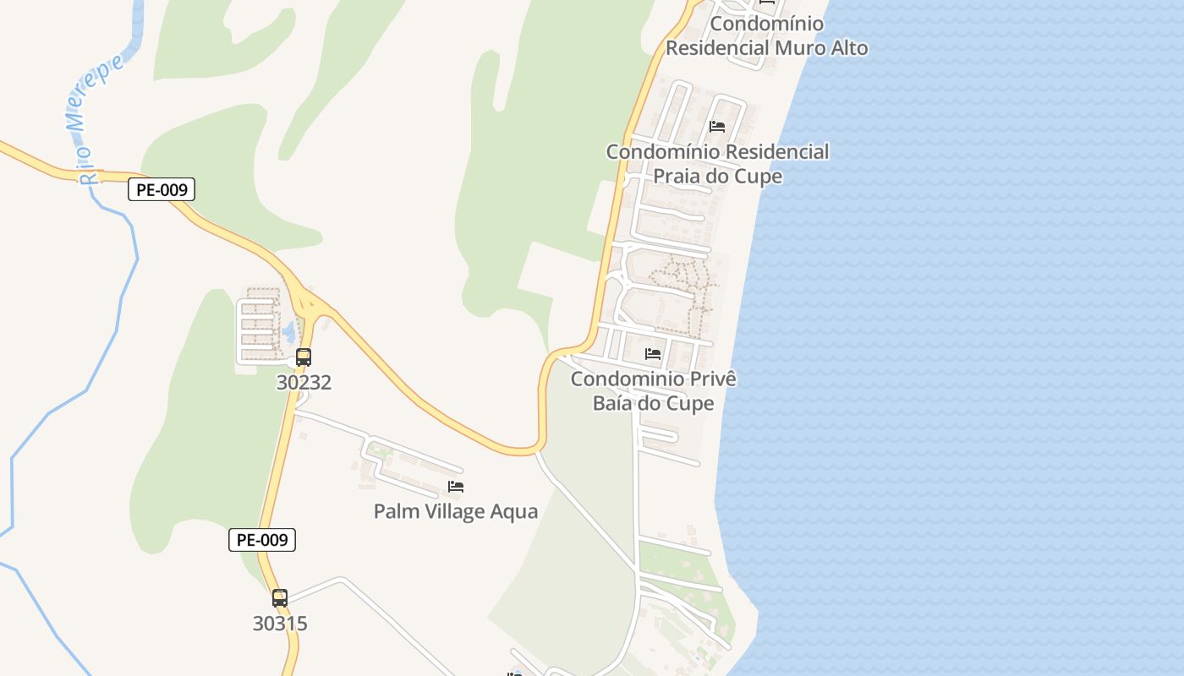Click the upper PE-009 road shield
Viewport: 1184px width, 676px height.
tap(162, 190)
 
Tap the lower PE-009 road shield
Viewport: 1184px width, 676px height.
tap(262, 540)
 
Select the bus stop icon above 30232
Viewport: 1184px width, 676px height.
tap(304, 357)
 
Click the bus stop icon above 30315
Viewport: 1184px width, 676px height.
tap(280, 598)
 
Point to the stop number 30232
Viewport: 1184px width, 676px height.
tap(304, 383)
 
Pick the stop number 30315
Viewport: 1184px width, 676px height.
tap(280, 624)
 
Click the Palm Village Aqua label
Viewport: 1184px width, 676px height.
tap(456, 511)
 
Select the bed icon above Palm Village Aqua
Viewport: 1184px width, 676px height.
tap(456, 487)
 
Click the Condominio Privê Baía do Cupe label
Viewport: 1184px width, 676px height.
tap(654, 390)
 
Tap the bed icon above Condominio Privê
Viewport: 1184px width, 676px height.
tap(653, 353)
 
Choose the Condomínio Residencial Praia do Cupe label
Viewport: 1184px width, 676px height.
tap(717, 164)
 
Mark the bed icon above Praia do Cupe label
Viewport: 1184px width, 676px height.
tap(717, 127)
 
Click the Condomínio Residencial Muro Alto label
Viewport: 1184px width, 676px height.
tap(766, 35)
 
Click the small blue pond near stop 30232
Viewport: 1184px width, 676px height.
tap(288, 331)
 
